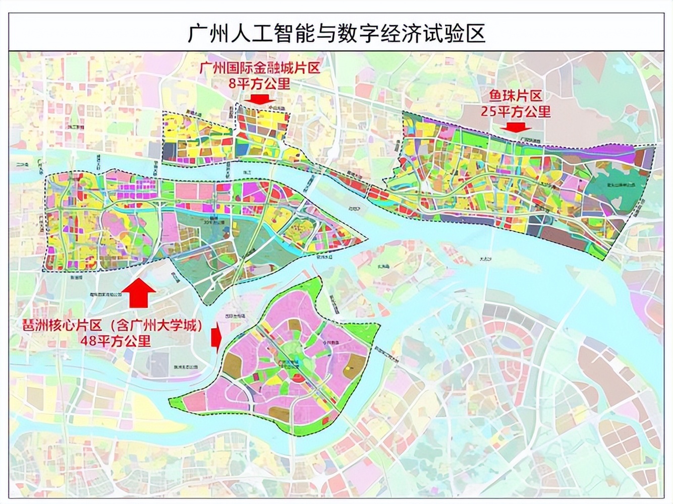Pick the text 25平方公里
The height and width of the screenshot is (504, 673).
(x=515, y=111)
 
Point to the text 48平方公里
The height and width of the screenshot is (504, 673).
(x=116, y=341)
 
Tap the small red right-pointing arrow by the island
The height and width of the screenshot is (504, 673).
(x=216, y=339)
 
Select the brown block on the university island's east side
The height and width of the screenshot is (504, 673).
(x=356, y=368)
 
